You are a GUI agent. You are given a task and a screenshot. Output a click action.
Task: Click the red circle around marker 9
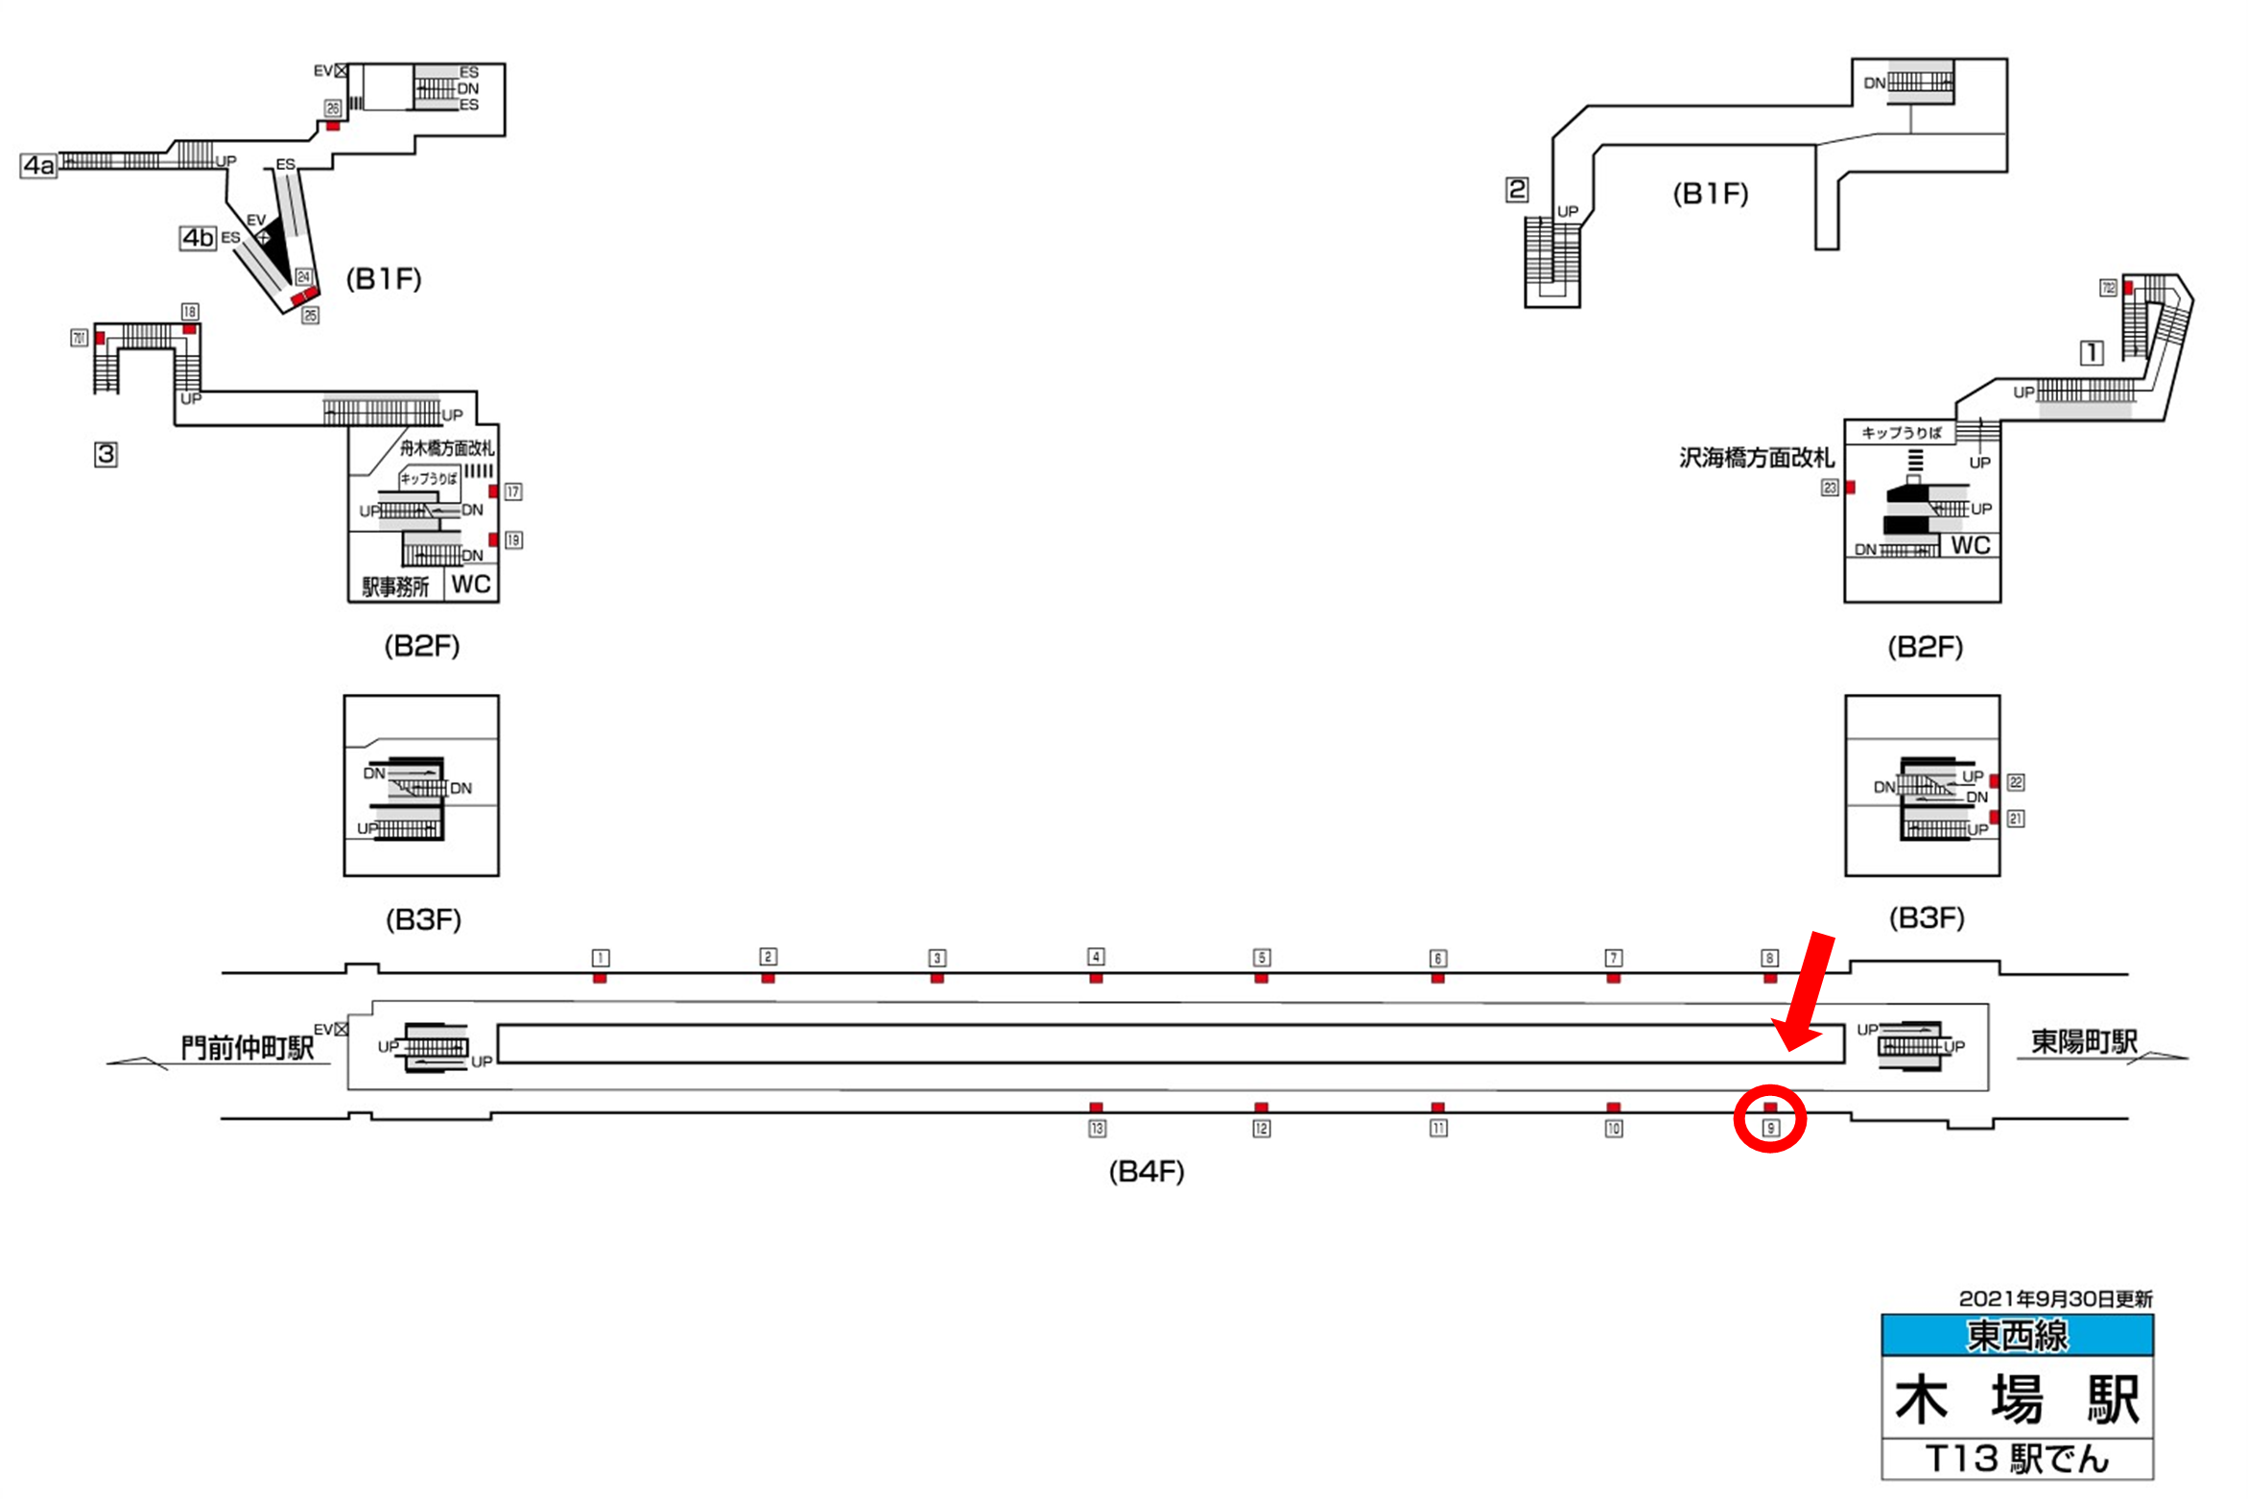coord(1770,1118)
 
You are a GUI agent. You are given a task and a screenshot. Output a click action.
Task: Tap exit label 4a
coord(38,165)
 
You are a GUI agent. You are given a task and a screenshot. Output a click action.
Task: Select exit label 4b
coord(198,237)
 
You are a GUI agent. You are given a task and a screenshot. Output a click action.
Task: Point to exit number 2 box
coord(1517,189)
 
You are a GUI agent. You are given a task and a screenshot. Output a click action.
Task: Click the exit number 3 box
coord(106,454)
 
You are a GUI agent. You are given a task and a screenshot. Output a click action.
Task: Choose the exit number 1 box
coord(2092,352)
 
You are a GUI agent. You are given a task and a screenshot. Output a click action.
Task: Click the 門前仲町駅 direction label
coord(248,1047)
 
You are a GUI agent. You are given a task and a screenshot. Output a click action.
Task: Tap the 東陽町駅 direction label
coord(2084,1041)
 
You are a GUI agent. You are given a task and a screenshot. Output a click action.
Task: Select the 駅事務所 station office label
coord(395,586)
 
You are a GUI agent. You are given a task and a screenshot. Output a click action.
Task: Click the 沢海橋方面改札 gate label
coord(1756,458)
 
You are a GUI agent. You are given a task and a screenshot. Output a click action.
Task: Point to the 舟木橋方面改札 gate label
coord(446,447)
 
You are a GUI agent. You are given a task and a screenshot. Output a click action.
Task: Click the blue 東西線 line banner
coord(2017,1335)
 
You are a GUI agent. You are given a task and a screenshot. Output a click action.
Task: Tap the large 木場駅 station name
coord(2017,1399)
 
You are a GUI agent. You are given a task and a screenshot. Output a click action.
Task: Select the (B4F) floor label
coord(1146,1172)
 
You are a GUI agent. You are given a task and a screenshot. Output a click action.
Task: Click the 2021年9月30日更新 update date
coord(2055,1298)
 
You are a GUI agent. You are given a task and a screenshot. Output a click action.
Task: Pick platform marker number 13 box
coord(1097,1129)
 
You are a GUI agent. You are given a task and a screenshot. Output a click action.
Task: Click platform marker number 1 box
coord(601,958)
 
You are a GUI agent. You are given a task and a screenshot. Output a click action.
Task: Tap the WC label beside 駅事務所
coord(471,584)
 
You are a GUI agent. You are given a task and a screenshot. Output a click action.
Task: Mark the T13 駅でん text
coord(2017,1459)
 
